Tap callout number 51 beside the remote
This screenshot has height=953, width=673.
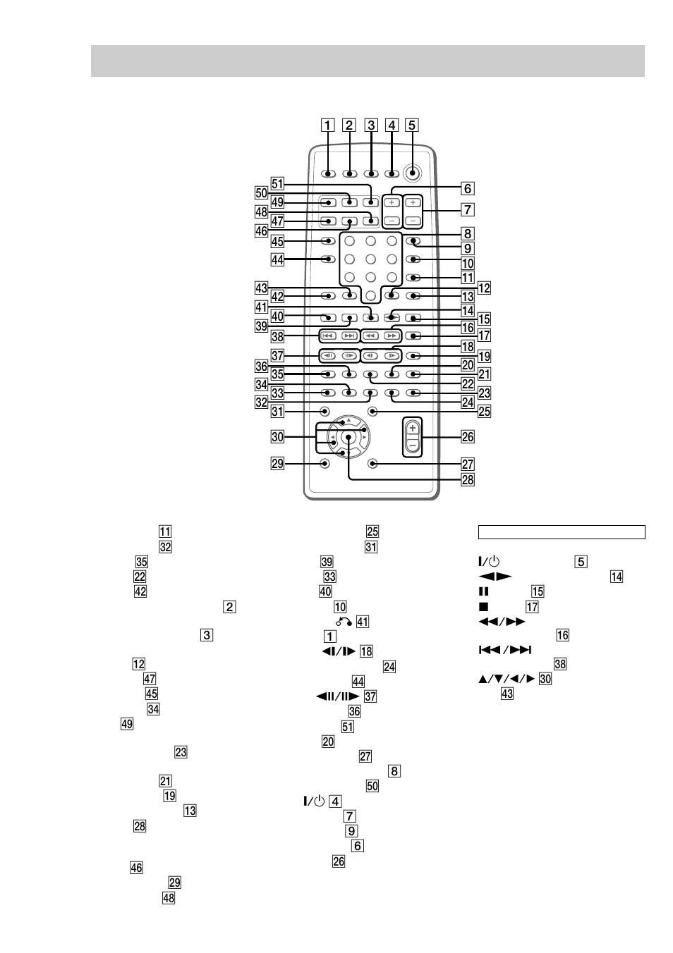tap(277, 184)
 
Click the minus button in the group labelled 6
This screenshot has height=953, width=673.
tap(392, 221)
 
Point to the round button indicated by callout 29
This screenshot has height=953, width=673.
tap(324, 464)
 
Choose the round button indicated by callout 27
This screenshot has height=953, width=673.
tap(372, 464)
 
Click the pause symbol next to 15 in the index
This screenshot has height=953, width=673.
tap(484, 592)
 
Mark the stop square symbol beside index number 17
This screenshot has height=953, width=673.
tap(484, 607)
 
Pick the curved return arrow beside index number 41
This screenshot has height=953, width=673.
tap(344, 622)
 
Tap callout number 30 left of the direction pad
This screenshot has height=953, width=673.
tap(277, 437)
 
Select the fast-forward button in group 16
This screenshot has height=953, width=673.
tap(392, 336)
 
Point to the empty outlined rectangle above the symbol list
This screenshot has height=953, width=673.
tap(562, 532)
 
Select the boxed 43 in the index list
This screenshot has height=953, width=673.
tap(507, 694)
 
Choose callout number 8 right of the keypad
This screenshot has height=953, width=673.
tap(468, 233)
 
